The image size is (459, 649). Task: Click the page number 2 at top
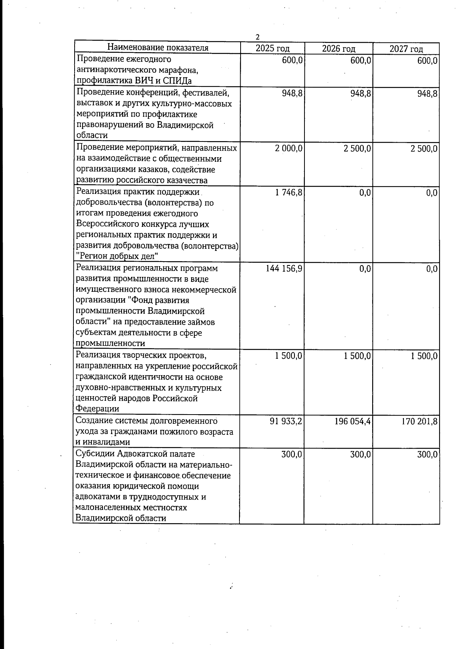257,37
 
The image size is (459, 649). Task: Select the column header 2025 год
272,49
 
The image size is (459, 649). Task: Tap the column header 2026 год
339,49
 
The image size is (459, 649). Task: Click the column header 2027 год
406,49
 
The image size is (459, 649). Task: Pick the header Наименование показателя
158,48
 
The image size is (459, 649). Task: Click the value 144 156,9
284,269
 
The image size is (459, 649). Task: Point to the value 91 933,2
286,421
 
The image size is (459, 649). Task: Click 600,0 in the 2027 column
428,60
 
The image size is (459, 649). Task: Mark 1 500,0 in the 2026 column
357,356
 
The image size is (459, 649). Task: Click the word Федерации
98,409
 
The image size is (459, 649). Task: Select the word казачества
187,180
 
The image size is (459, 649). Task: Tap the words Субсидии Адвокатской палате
135,454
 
